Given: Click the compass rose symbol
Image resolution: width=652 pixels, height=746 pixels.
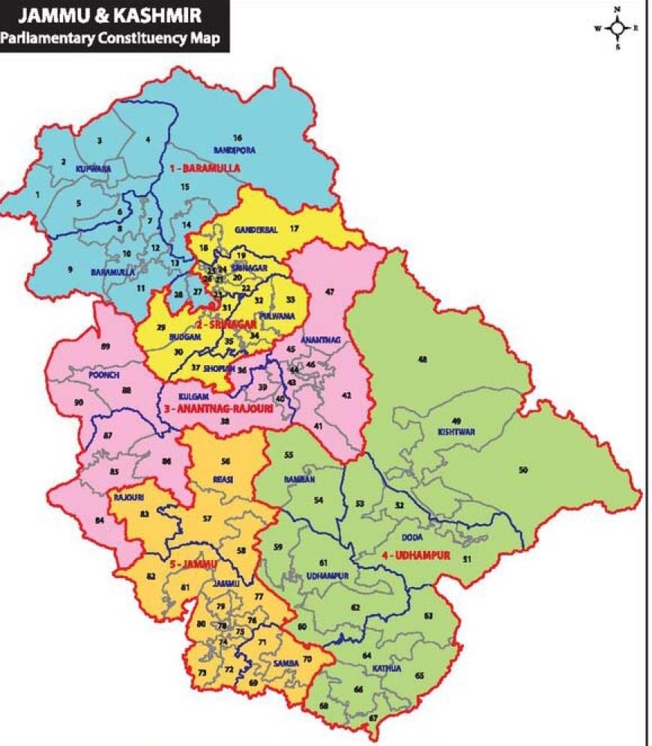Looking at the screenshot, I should pos(617,28).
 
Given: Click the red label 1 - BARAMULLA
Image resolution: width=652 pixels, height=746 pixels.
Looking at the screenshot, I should pos(205,169).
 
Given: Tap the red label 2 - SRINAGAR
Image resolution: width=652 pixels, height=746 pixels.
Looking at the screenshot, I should pos(226,325).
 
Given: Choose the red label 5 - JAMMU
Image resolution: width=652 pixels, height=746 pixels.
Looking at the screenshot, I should pos(192,563).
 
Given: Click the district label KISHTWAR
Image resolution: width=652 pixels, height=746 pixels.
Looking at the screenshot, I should pos(456,433).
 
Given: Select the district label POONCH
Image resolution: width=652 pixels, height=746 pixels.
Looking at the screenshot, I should pos(103,374).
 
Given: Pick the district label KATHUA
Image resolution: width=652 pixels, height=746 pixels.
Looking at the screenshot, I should pos(386,667).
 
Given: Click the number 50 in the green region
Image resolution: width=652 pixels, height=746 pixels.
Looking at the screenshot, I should pos(523,469).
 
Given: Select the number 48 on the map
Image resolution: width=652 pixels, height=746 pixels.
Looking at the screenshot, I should pos(423,360).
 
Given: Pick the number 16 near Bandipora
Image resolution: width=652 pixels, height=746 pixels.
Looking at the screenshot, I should pos(237,138).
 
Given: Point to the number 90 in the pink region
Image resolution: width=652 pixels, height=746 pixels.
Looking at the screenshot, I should pos(79,403).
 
